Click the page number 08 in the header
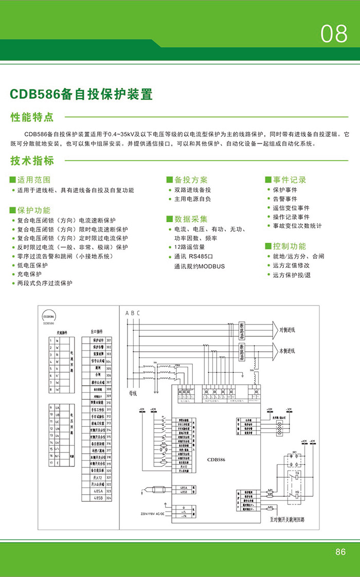pos(334,34)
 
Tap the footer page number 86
pos(340,552)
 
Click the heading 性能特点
pos(32,117)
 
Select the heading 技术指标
pos(32,160)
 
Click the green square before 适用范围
pos(13,180)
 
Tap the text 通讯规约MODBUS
pos(200,266)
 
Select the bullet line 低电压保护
pos(32,265)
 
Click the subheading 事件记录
pos(290,179)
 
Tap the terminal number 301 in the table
pos(109,340)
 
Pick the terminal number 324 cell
pos(109,498)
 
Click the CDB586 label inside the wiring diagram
pos(216,460)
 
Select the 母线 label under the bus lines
pos(133,393)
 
